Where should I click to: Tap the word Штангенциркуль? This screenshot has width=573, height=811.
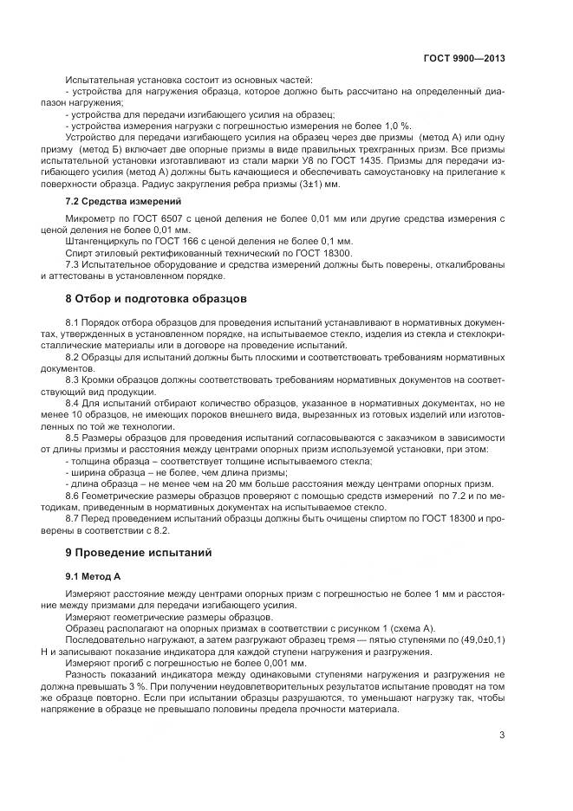click(97, 241)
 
